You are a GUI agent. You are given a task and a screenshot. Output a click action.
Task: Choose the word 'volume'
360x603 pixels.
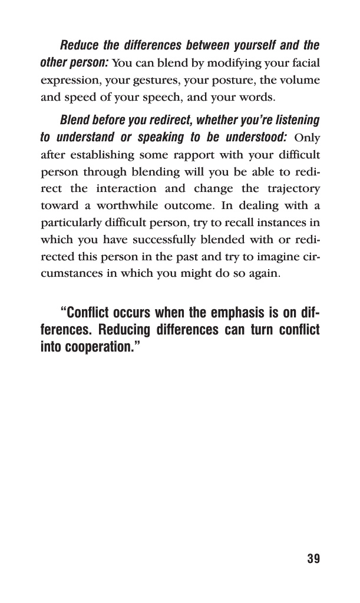(x=300, y=79)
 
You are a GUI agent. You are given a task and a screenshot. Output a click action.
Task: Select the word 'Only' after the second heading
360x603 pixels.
(x=306, y=138)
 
